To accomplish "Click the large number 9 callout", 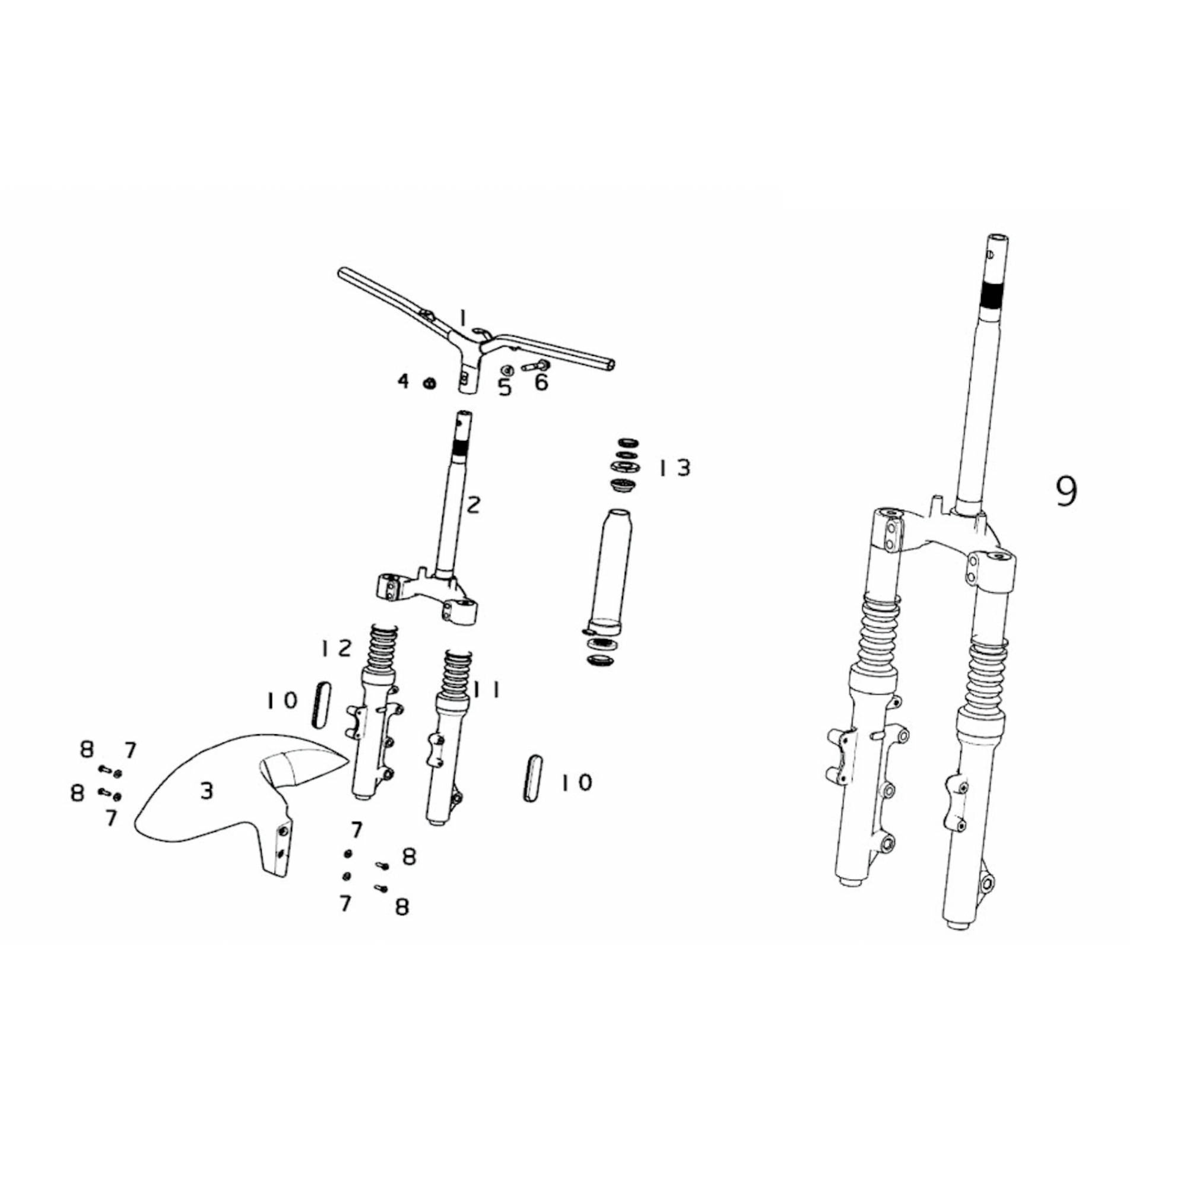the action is [1066, 492].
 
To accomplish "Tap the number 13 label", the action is [675, 468].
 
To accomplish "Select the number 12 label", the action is [335, 648].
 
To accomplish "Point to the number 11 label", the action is [487, 690].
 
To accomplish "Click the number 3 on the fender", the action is [207, 791].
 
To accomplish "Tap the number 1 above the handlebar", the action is [464, 318].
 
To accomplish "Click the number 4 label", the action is [403, 382].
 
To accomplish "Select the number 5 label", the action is [504, 388].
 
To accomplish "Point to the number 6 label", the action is [541, 382].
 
